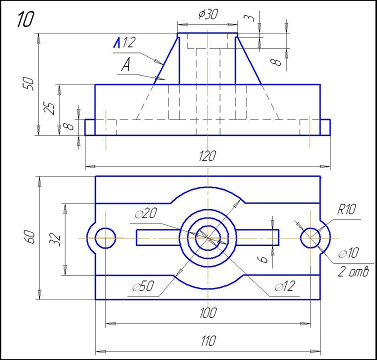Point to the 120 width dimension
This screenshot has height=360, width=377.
207,155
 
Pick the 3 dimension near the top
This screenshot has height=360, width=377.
251,17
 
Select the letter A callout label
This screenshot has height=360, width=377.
125,65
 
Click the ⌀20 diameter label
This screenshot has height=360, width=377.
146,214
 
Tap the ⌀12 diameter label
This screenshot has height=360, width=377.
285,287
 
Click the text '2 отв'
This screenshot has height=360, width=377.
353,271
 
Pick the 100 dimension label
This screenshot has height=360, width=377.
207,313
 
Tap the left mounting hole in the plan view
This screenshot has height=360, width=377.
105,238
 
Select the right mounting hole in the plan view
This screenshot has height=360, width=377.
310,238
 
